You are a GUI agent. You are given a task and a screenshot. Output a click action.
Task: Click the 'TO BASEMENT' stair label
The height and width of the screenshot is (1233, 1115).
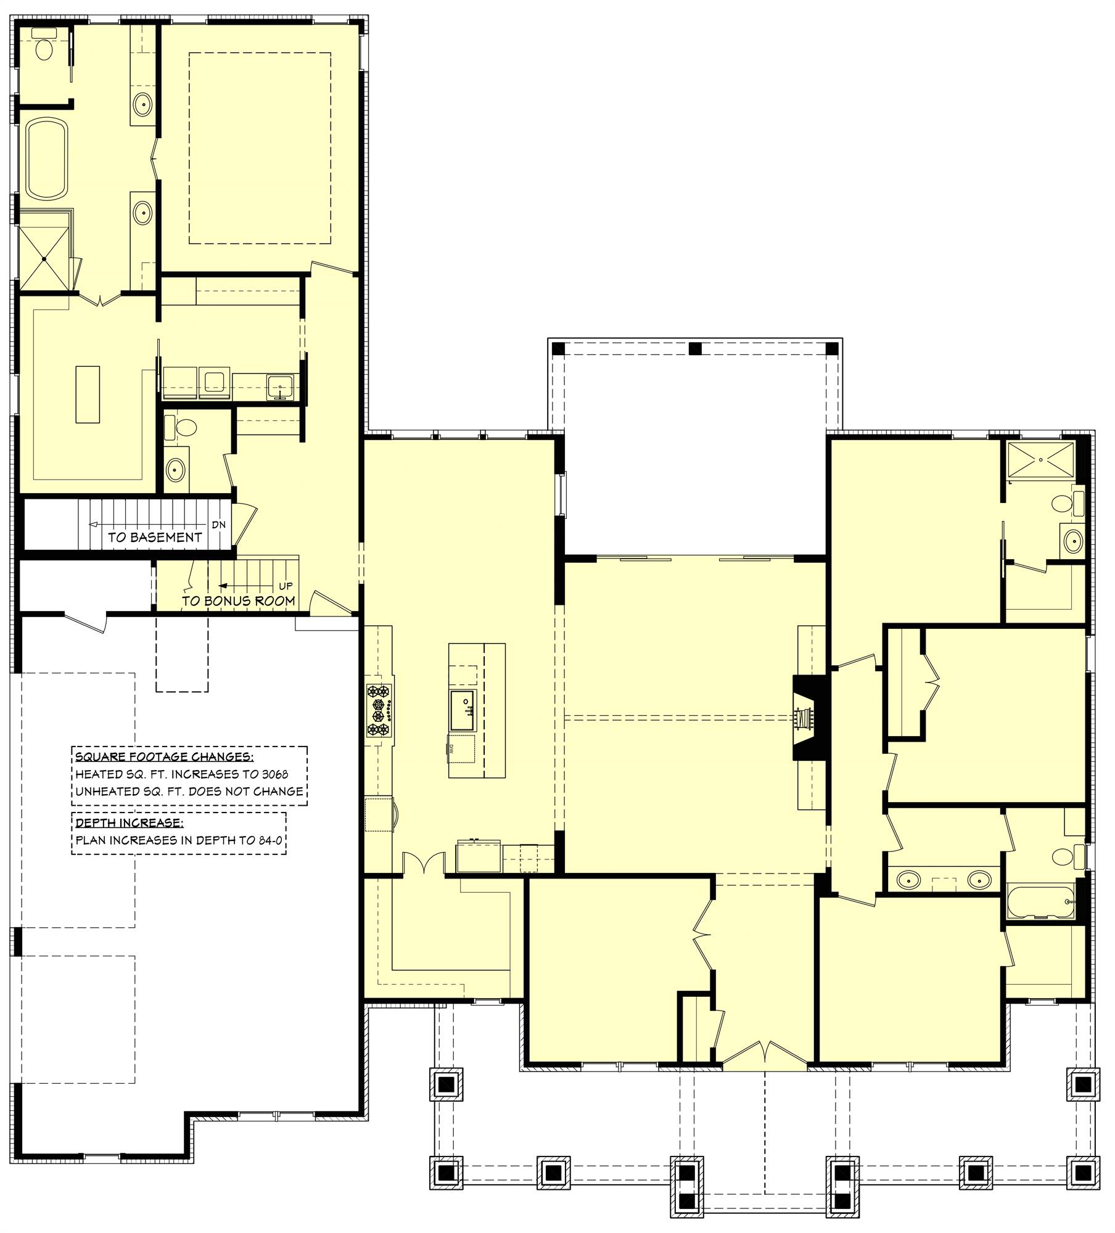point(155,537)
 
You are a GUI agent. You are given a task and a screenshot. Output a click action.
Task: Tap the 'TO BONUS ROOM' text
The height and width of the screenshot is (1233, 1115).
point(238,600)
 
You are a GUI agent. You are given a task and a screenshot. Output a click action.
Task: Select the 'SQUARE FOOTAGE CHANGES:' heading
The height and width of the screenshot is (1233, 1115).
point(164,757)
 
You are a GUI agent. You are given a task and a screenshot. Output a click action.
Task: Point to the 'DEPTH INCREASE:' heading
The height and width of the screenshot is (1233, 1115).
point(128,822)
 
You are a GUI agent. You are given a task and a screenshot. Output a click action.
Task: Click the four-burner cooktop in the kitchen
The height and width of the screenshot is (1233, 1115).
point(379,711)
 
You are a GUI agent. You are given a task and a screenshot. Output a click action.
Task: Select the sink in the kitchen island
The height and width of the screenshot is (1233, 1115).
point(463,710)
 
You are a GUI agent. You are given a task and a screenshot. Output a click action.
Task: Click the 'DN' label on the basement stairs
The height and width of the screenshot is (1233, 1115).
point(218,525)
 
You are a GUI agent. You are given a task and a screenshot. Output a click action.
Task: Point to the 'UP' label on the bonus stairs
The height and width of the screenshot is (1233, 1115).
point(286,586)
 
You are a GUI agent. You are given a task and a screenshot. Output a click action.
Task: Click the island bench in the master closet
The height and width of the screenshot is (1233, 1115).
point(88,394)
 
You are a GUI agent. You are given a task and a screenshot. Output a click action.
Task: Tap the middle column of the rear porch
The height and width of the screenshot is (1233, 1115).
point(695,349)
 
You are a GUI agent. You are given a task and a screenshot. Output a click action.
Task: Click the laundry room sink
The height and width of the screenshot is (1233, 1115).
point(281,387)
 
